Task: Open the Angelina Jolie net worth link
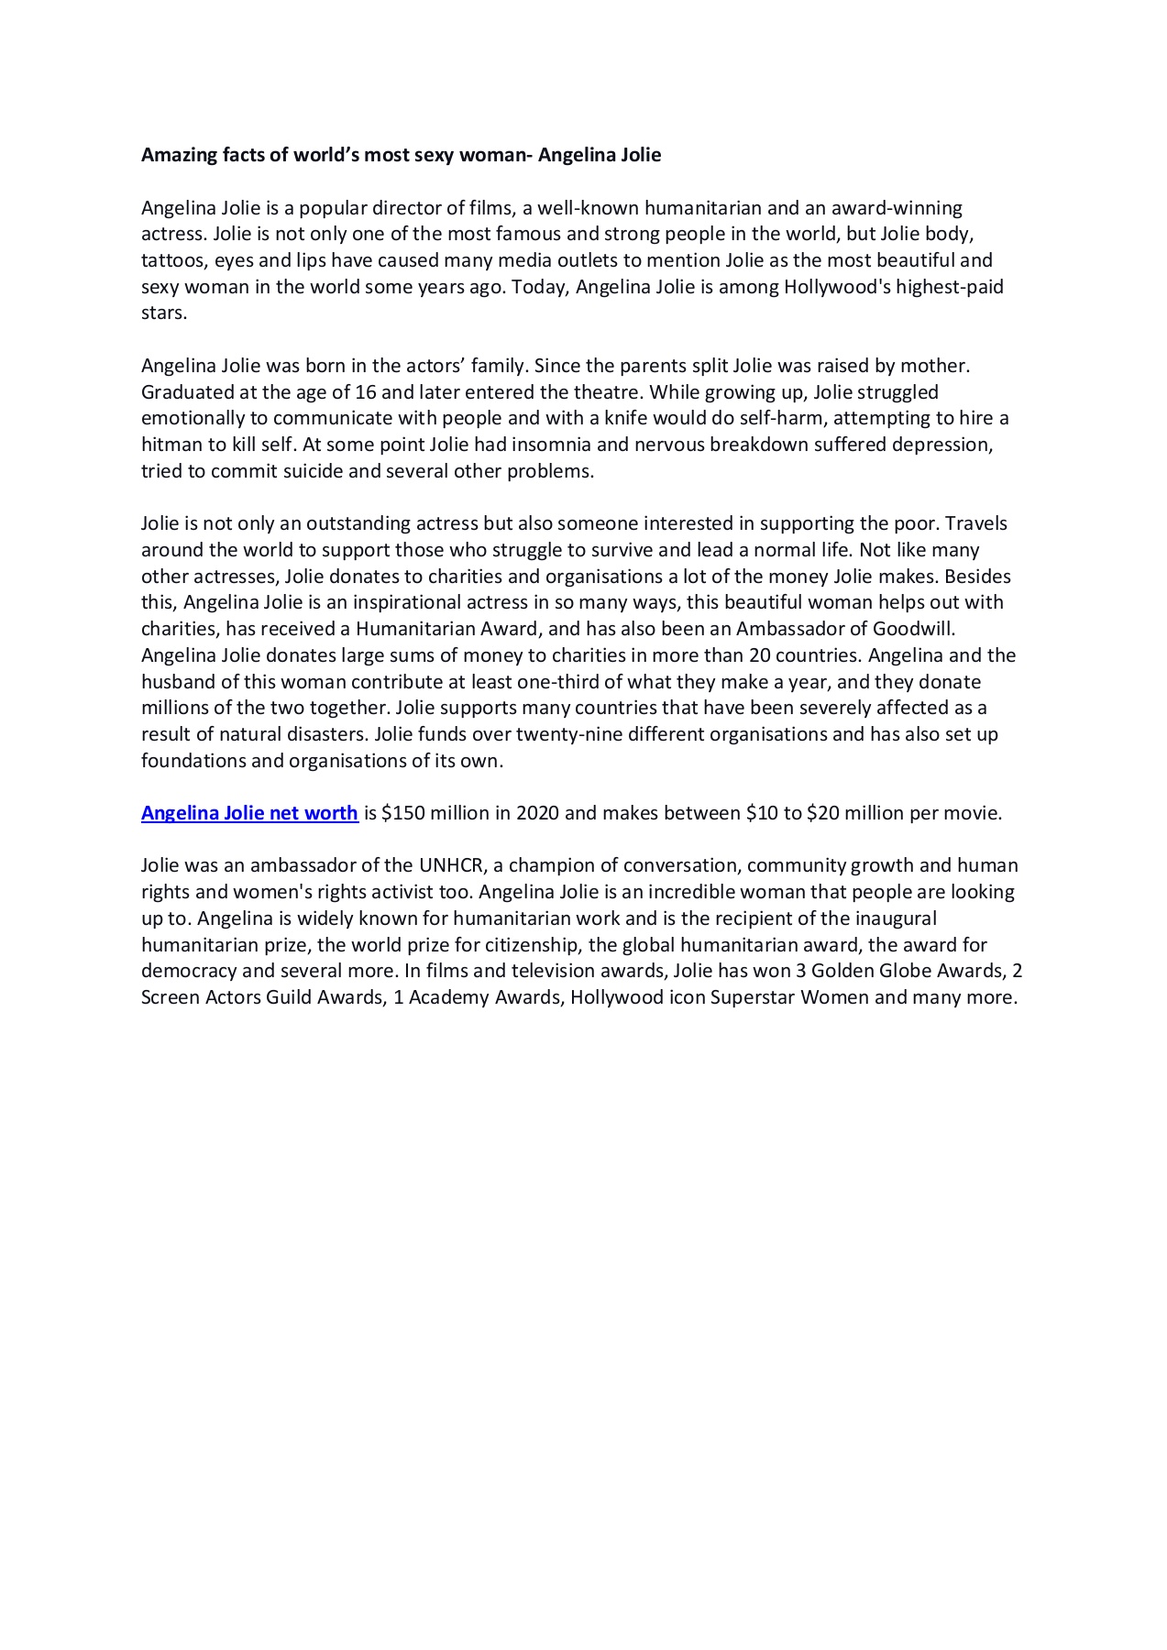pos(249,813)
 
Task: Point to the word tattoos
pos(173,260)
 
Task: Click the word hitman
pos(171,445)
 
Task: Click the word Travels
pos(976,523)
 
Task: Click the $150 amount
pos(402,813)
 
